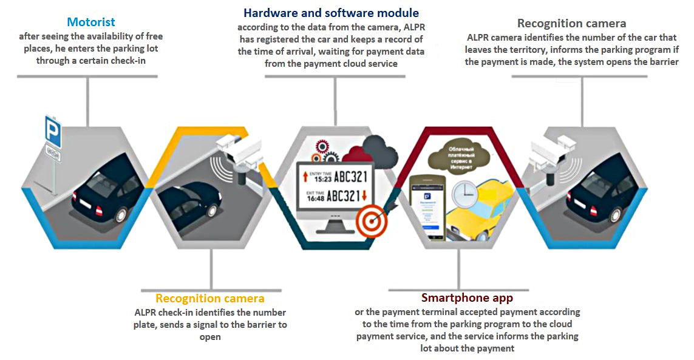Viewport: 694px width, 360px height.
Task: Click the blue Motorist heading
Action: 91,22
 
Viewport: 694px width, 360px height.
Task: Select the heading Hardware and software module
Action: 331,13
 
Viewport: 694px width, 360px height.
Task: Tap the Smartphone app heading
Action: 467,298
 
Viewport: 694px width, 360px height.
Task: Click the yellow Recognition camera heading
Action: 209,298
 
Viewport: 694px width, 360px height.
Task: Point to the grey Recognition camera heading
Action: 571,24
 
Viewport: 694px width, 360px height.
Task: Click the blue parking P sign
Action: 53,129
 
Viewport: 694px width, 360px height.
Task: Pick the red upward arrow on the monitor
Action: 305,177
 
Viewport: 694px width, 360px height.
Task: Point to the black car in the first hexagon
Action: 100,194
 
